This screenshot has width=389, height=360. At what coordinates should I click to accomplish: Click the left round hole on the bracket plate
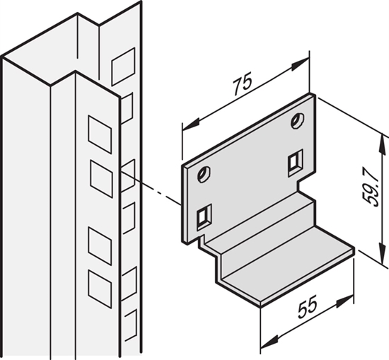point(204,173)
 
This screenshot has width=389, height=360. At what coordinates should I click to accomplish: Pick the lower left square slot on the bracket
point(204,215)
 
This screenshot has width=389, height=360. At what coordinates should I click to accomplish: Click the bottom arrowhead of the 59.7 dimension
point(383,257)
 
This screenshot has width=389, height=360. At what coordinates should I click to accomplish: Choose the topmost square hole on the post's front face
point(98,129)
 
